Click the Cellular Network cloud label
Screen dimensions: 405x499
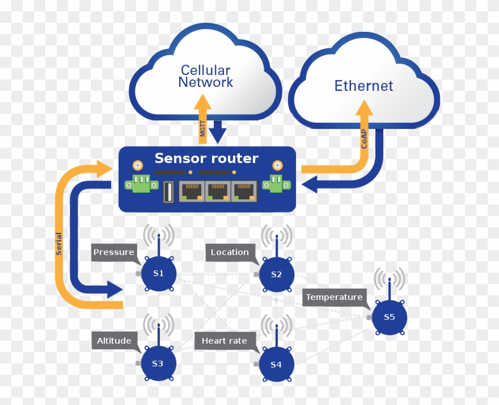point(205,76)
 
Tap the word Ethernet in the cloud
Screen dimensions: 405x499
point(363,86)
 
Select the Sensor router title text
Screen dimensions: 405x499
point(206,158)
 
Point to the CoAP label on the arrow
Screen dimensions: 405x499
point(365,137)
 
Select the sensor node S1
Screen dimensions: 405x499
point(158,274)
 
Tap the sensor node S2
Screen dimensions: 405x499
point(276,274)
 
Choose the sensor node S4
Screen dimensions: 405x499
point(276,364)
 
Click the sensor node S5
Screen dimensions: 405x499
point(389,317)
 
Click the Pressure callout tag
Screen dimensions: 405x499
point(114,252)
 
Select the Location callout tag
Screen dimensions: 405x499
point(230,252)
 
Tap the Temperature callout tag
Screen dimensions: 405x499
point(334,297)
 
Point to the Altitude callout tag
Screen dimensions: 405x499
point(114,341)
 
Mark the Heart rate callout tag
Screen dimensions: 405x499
point(225,341)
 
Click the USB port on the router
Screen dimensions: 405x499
point(168,191)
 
